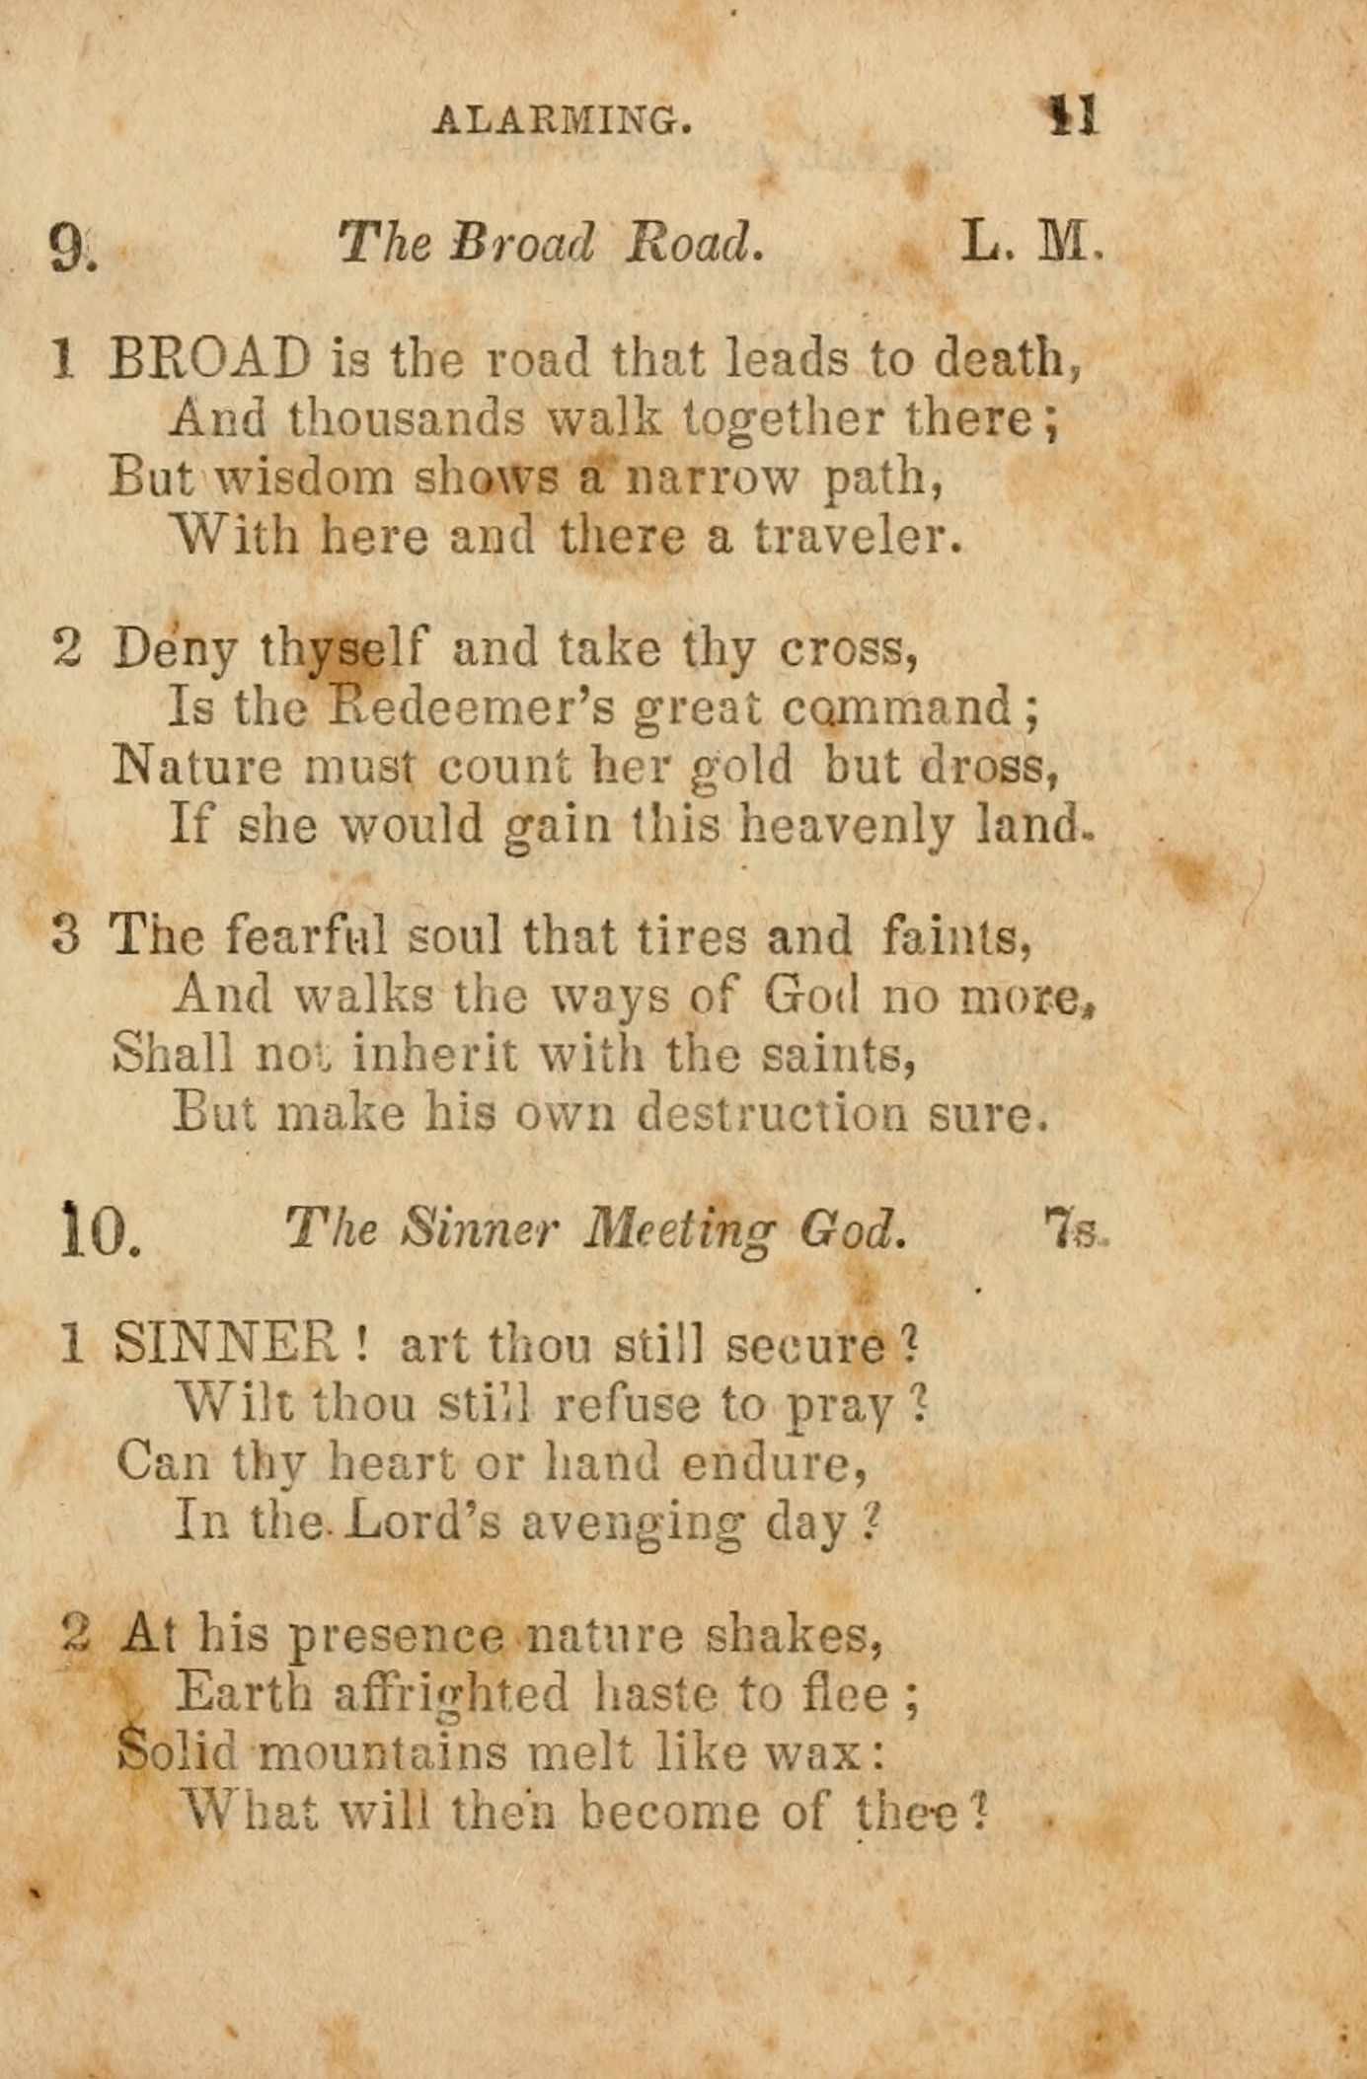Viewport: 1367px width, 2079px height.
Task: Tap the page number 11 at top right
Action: (1072, 115)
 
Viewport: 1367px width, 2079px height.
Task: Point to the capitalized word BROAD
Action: (209, 358)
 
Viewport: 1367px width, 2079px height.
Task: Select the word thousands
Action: (406, 418)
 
